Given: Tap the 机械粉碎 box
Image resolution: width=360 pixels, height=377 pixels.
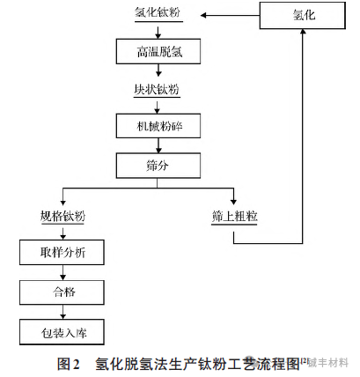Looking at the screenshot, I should [x=154, y=126].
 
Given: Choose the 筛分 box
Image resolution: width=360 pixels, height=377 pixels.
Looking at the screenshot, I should [x=154, y=165].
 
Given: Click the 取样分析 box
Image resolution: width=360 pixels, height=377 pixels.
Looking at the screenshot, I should [x=62, y=254].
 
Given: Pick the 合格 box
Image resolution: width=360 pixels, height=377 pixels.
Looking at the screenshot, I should [x=62, y=292].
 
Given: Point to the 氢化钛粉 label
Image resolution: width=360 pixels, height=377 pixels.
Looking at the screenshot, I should [x=155, y=15].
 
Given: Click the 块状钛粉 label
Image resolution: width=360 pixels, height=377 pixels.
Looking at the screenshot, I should [x=154, y=89].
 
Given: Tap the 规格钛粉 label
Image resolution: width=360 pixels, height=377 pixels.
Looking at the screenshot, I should [x=62, y=217].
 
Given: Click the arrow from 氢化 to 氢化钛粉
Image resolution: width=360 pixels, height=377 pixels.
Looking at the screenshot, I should [x=229, y=15].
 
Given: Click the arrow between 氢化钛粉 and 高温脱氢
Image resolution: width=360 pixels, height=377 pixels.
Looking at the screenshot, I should [x=155, y=29].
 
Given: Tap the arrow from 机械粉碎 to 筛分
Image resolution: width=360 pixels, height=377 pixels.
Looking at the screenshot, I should [x=155, y=146].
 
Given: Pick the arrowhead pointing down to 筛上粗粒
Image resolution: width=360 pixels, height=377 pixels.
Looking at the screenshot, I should [x=233, y=202].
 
